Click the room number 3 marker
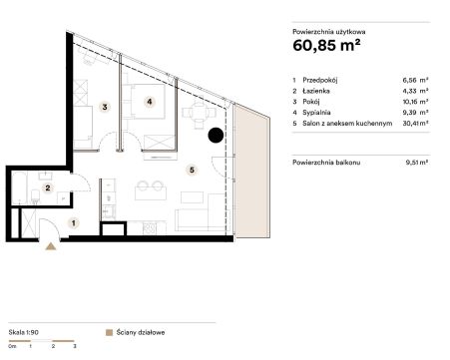point(105,107)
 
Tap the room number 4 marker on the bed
point(150,102)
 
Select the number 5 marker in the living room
point(192,171)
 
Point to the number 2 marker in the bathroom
point(48,188)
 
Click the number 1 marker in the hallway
point(74,223)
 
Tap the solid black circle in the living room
point(216,136)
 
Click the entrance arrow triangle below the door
point(51,246)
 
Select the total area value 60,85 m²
point(326,45)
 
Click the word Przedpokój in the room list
point(320,80)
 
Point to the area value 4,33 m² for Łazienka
point(415,91)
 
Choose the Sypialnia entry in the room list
point(316,113)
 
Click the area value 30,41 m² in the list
point(415,124)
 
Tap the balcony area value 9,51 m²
point(417,163)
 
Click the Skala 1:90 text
point(24,332)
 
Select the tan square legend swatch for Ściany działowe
point(109,333)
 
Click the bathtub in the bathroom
point(19,187)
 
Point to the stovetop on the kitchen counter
point(150,228)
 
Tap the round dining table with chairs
point(199,113)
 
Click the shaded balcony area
point(251,172)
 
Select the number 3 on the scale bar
point(75,346)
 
